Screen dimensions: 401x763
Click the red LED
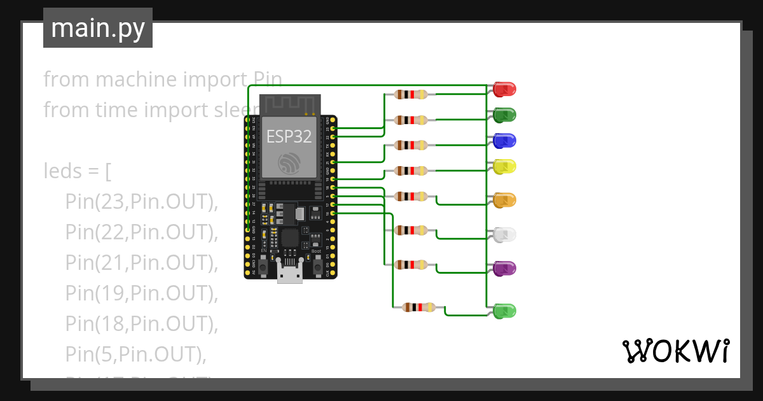point(505,90)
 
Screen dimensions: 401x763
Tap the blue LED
point(505,141)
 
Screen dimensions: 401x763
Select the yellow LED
point(505,167)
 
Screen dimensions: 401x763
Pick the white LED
point(505,235)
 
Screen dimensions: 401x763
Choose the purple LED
point(505,268)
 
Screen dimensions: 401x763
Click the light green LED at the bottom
point(505,311)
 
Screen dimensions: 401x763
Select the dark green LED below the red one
point(505,115)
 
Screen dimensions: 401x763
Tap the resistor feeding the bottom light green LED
point(419,308)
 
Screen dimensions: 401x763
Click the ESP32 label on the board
point(289,136)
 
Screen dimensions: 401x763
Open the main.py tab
point(98,28)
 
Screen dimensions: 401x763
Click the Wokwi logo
point(675,351)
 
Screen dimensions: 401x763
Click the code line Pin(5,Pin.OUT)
point(135,354)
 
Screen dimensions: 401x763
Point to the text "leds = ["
point(78,171)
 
